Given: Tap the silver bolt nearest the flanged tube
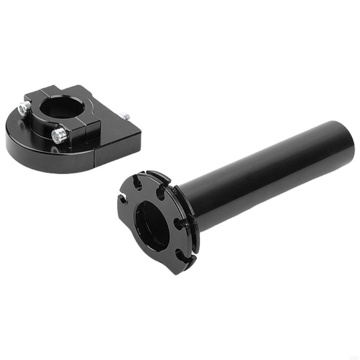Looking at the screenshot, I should [x=59, y=135].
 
